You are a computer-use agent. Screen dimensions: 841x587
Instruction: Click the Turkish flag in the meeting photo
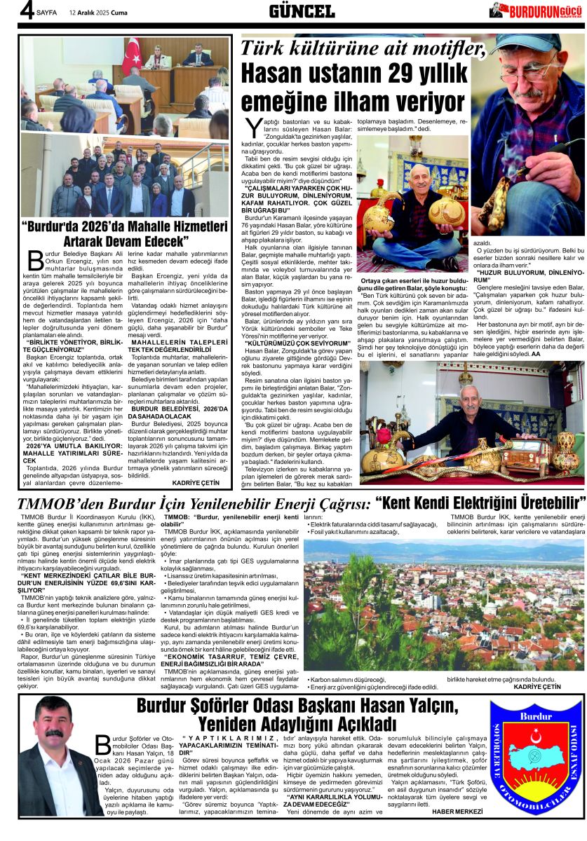click(x=131, y=56)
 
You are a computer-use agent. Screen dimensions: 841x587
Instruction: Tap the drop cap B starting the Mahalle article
click(x=34, y=260)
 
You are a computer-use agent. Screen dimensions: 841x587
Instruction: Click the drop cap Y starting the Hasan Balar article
click(x=253, y=130)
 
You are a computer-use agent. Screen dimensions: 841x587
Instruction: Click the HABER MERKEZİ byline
click(x=458, y=811)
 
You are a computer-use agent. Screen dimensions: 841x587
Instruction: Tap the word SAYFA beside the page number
click(x=46, y=13)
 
